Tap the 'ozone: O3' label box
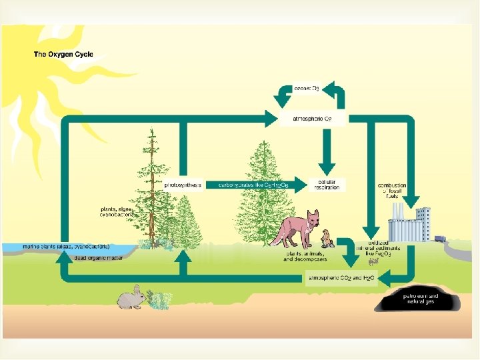[307, 87]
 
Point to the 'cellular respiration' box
[327, 184]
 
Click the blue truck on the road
[440, 238]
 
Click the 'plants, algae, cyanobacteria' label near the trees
[119, 211]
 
